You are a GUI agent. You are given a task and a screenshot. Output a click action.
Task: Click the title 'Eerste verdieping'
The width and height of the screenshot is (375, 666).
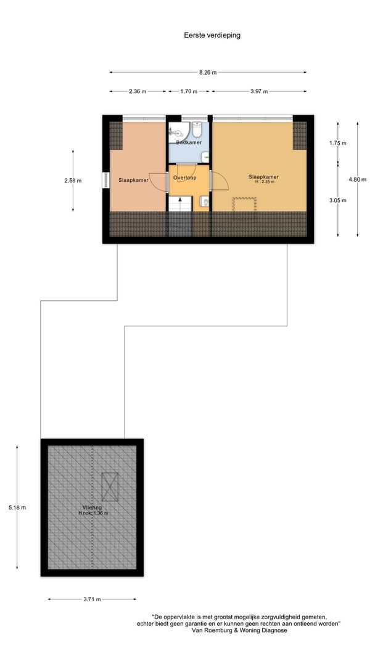pyautogui.click(x=212, y=35)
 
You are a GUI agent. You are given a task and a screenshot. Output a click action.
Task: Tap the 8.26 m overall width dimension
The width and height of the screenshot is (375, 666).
pyautogui.click(x=208, y=72)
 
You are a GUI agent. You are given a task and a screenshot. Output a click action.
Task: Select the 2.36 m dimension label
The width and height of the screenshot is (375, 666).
pyautogui.click(x=138, y=92)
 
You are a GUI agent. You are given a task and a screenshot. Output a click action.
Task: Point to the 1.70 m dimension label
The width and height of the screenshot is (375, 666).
pyautogui.click(x=188, y=92)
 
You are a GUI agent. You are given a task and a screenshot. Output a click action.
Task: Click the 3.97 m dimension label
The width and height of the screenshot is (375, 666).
pyautogui.click(x=259, y=92)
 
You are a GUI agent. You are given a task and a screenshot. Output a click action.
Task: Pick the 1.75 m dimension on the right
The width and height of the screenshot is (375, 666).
pyautogui.click(x=338, y=143)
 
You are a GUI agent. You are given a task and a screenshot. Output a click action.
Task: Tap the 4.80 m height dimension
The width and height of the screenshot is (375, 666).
pyautogui.click(x=357, y=179)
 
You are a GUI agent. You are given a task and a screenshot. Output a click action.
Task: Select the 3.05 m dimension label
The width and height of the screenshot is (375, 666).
pyautogui.click(x=338, y=200)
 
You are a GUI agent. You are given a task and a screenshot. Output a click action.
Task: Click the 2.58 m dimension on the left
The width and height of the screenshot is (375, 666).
pyautogui.click(x=73, y=181)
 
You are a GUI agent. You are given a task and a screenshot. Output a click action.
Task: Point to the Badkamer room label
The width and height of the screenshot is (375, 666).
pyautogui.click(x=188, y=143)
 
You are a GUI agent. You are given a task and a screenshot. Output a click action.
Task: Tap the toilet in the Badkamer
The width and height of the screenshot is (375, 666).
pyautogui.click(x=197, y=129)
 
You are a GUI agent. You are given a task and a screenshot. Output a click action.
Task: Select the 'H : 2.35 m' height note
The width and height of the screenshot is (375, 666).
pyautogui.click(x=263, y=182)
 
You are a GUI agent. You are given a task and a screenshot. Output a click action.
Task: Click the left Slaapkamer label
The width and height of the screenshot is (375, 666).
pyautogui.click(x=133, y=180)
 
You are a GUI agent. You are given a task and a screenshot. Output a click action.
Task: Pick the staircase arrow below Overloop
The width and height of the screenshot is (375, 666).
pyautogui.click(x=179, y=204)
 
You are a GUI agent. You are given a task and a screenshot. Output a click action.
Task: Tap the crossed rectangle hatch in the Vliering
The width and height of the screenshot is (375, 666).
pyautogui.click(x=110, y=487)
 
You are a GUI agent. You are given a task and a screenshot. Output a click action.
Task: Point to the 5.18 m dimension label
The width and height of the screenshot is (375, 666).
pyautogui.click(x=17, y=508)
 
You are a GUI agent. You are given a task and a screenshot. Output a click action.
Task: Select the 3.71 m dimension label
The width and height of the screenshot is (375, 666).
pyautogui.click(x=92, y=599)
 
